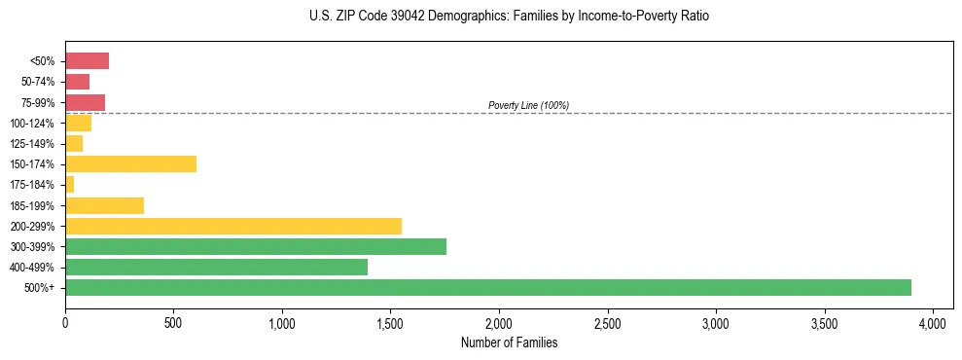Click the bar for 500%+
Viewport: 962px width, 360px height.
(x=487, y=287)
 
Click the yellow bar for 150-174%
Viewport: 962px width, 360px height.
(x=130, y=163)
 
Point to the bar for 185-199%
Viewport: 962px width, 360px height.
(x=104, y=205)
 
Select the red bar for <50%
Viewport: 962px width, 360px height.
(x=87, y=61)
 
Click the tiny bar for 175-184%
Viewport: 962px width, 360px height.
(x=69, y=184)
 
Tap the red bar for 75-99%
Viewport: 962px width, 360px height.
(x=85, y=102)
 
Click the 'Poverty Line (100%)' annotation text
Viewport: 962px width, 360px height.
(x=528, y=105)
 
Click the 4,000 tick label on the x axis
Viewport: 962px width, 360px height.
(x=933, y=322)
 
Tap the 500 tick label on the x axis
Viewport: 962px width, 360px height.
(x=173, y=322)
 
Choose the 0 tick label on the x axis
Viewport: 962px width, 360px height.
(x=65, y=322)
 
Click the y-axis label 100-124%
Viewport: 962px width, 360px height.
(x=35, y=124)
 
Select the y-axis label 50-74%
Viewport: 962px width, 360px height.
(x=39, y=82)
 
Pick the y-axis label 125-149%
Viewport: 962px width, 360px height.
(x=35, y=144)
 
